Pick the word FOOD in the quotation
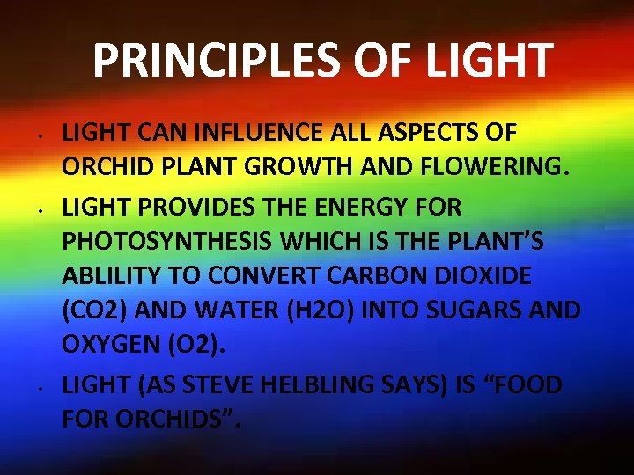pyautogui.click(x=531, y=384)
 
